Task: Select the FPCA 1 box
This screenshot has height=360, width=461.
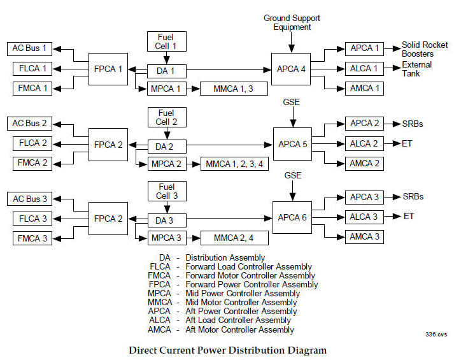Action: (x=108, y=69)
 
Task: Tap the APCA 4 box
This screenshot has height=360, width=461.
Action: (x=292, y=69)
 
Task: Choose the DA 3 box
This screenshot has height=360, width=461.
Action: (x=167, y=220)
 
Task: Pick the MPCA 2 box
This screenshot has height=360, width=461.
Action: (x=167, y=165)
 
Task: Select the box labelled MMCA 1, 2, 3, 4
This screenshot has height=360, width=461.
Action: (x=234, y=165)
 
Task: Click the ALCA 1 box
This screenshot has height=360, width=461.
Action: (x=364, y=69)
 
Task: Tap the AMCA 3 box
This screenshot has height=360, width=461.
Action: (x=364, y=237)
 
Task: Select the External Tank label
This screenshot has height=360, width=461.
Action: (x=416, y=69)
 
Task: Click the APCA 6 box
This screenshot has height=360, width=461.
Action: (x=292, y=217)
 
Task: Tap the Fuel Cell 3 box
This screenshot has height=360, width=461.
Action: (x=167, y=190)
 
